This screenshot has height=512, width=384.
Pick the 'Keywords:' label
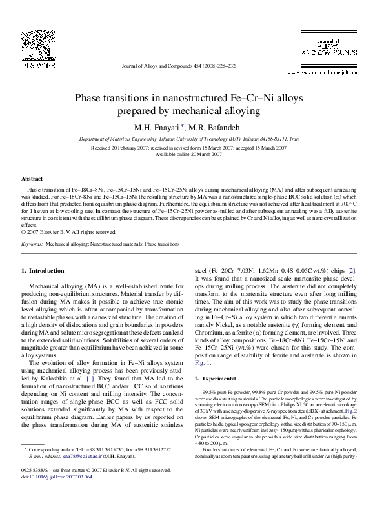click(32, 244)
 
